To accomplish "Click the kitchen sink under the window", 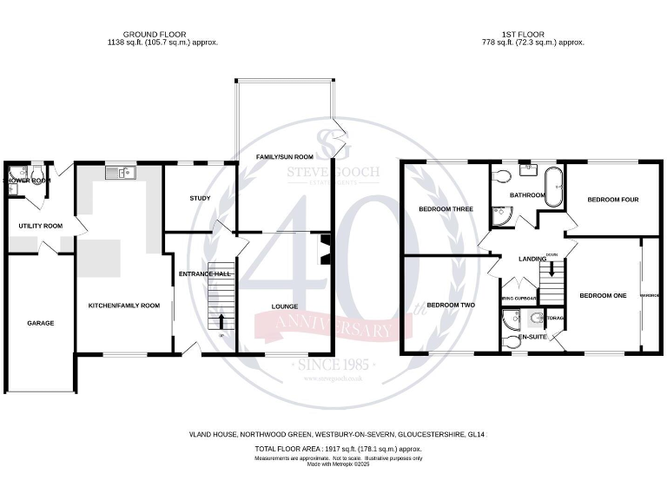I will click(x=118, y=174).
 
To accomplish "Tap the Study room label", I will click(x=200, y=199).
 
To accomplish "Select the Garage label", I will click(x=40, y=323).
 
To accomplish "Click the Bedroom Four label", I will click(x=612, y=200).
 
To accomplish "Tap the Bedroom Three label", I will click(x=445, y=209).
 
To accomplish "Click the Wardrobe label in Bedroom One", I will click(x=650, y=296).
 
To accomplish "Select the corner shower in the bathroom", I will click(x=500, y=214).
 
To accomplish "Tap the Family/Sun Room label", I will click(x=284, y=156).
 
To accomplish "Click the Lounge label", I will click(x=284, y=306).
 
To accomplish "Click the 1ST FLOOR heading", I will click(x=534, y=34).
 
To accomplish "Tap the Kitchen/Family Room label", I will click(x=124, y=306).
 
